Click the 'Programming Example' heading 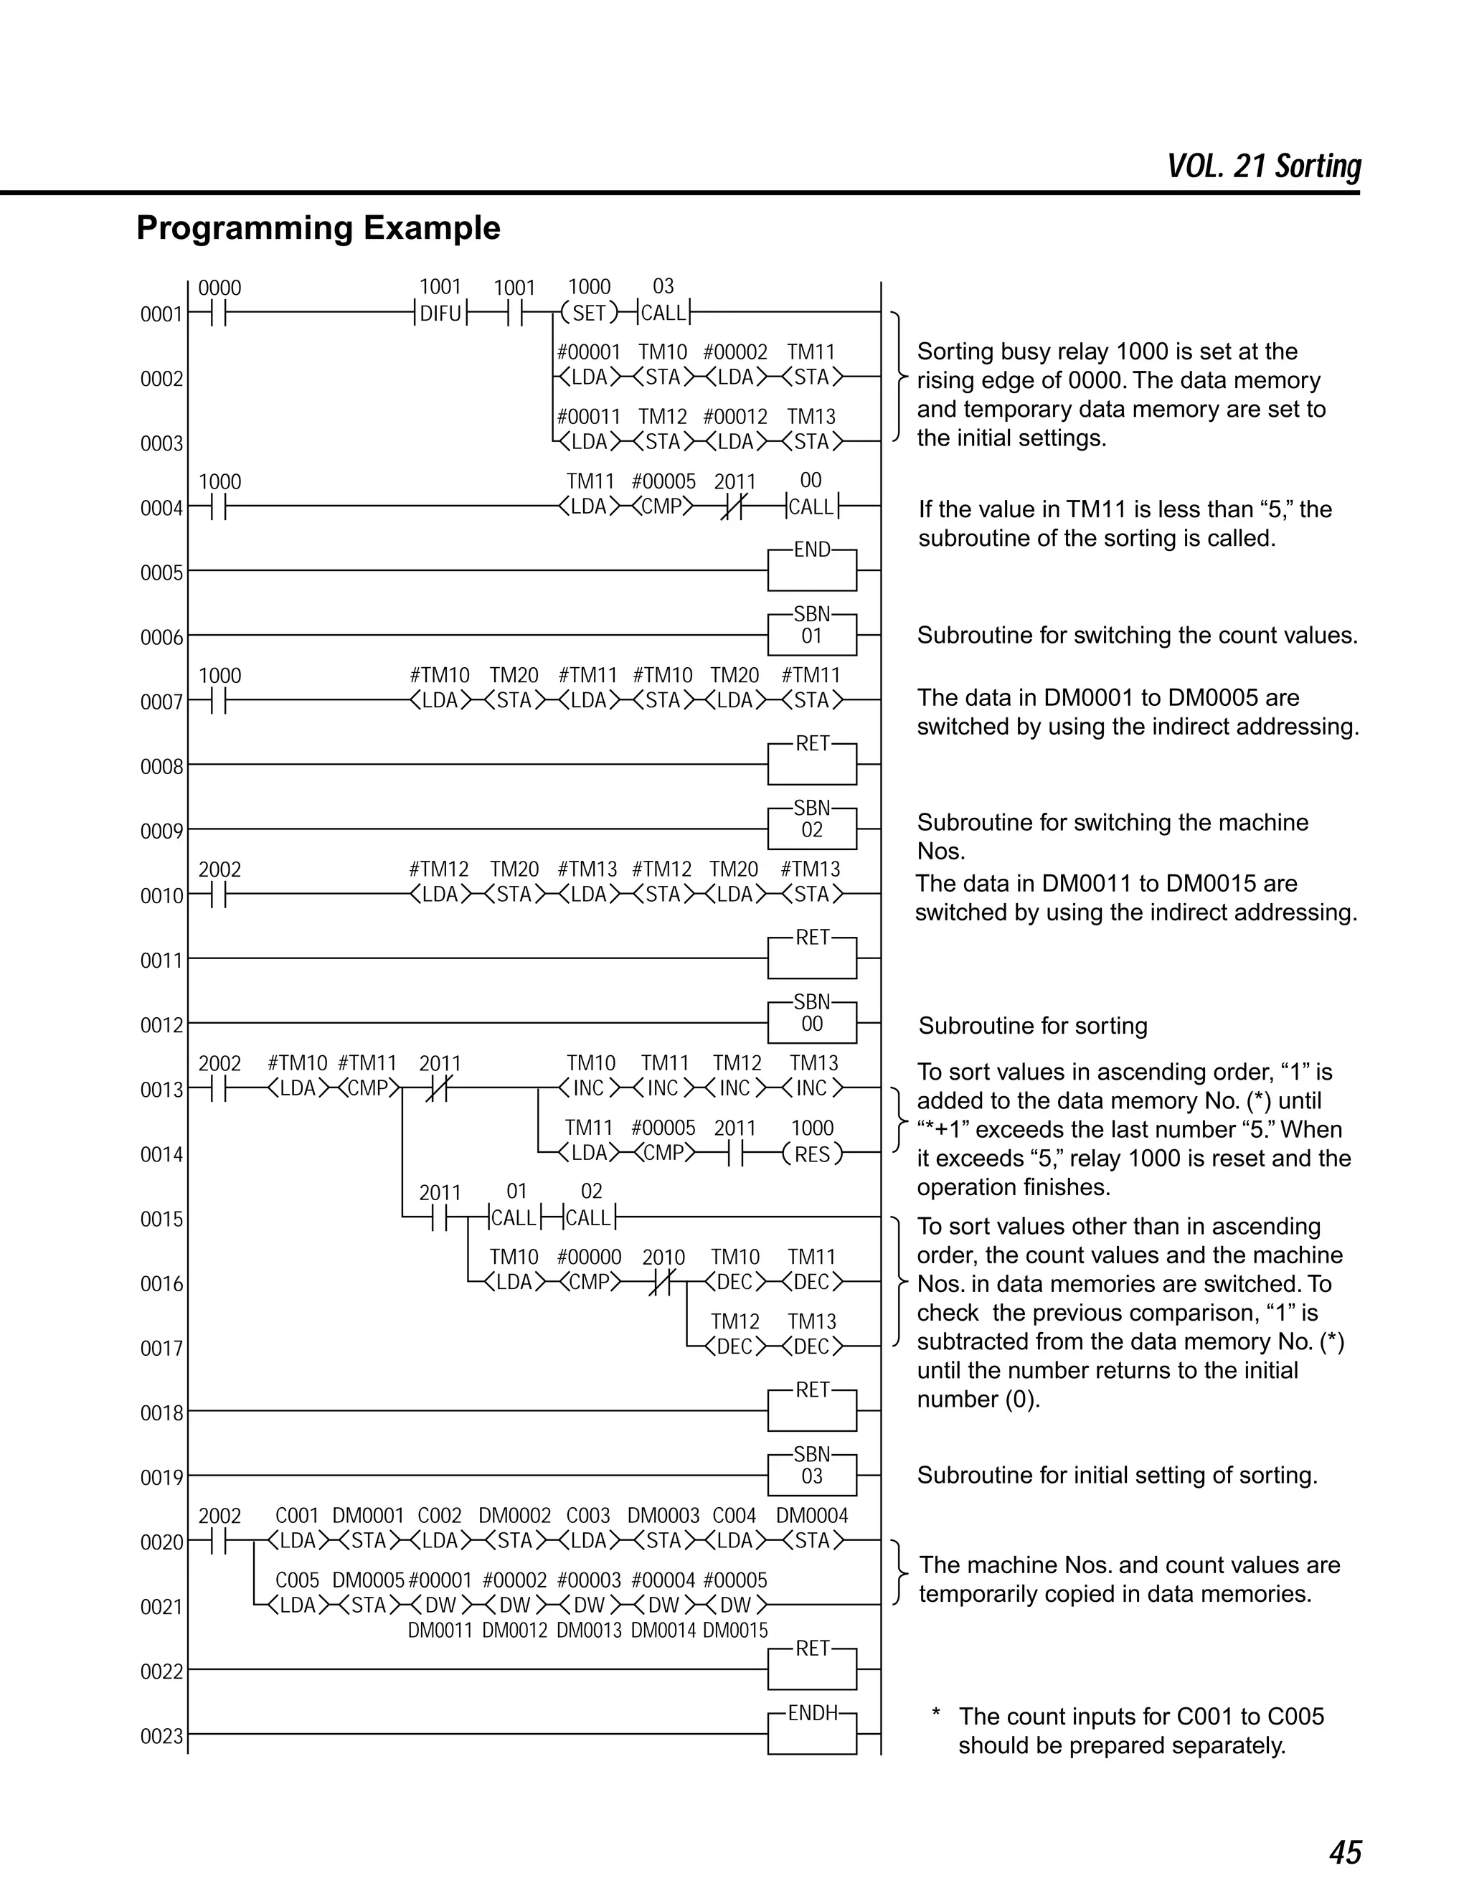[318, 228]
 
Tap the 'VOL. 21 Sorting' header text [1264, 166]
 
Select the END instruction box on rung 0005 [811, 570]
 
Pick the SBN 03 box [811, 1474]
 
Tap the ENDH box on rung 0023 [811, 1733]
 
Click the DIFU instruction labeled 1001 [440, 313]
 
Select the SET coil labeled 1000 [589, 313]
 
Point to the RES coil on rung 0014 [812, 1154]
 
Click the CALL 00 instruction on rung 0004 [811, 506]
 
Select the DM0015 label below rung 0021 [735, 1631]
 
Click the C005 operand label [297, 1580]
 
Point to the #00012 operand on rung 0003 [735, 417]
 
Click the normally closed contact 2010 [663, 1282]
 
